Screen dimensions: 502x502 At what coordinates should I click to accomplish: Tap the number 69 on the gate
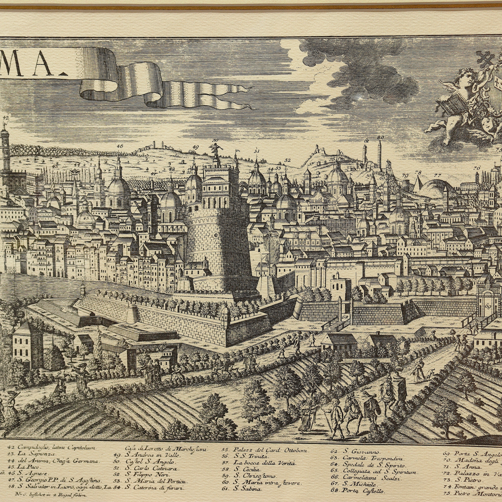(488, 306)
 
